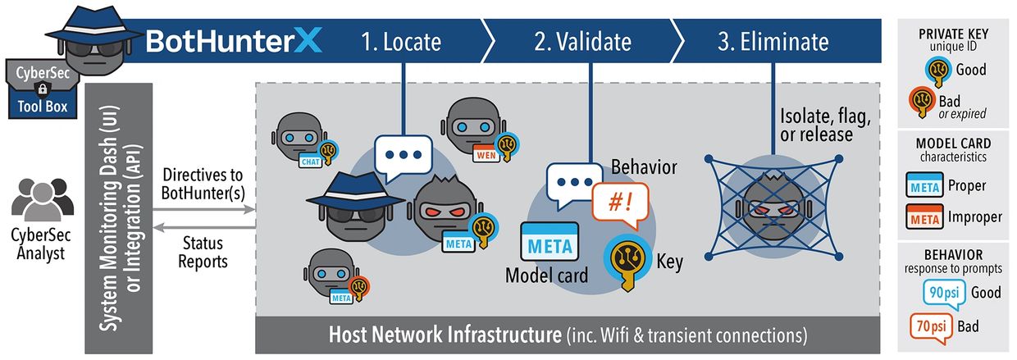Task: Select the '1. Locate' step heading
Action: (x=401, y=41)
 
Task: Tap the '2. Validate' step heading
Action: (x=582, y=41)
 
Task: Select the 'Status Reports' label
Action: (x=203, y=253)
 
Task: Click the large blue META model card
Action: (x=550, y=244)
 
